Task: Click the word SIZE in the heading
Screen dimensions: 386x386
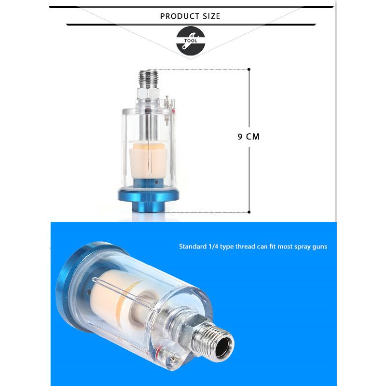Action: coord(211,16)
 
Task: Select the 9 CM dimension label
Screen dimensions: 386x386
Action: coord(248,137)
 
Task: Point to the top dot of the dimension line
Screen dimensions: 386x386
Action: coord(249,69)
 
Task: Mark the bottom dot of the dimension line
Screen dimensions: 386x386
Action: coord(249,212)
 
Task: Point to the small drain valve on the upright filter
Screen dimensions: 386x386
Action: coord(167,104)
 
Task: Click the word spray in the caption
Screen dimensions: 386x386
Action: coord(303,247)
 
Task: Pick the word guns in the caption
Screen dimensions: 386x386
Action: coord(321,247)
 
